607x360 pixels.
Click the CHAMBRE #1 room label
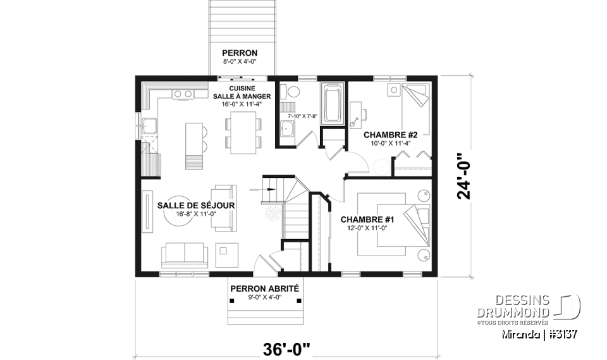[x=367, y=220]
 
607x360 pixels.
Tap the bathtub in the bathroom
[x=332, y=102]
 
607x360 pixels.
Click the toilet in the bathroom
[x=291, y=92]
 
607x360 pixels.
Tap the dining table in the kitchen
[x=242, y=132]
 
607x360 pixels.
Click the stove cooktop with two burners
[x=183, y=94]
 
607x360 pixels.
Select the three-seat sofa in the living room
[x=184, y=254]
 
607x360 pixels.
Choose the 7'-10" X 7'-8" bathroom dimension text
[x=301, y=116]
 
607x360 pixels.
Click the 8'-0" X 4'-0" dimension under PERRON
[x=239, y=62]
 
